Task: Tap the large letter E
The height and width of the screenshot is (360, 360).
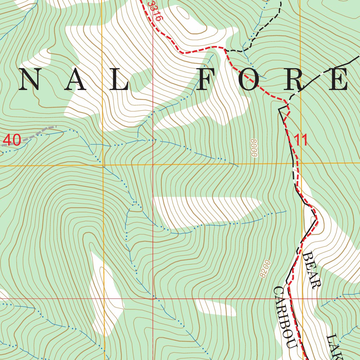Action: pyautogui.click(x=339, y=80)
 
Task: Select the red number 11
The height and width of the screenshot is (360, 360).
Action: pyautogui.click(x=301, y=140)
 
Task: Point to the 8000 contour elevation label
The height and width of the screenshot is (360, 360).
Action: pyautogui.click(x=255, y=148)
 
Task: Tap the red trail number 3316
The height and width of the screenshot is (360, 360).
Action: pyautogui.click(x=154, y=11)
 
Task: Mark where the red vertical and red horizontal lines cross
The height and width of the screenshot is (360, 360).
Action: pyautogui.click(x=153, y=299)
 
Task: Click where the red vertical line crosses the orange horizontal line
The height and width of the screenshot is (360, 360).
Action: pyautogui.click(x=153, y=165)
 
